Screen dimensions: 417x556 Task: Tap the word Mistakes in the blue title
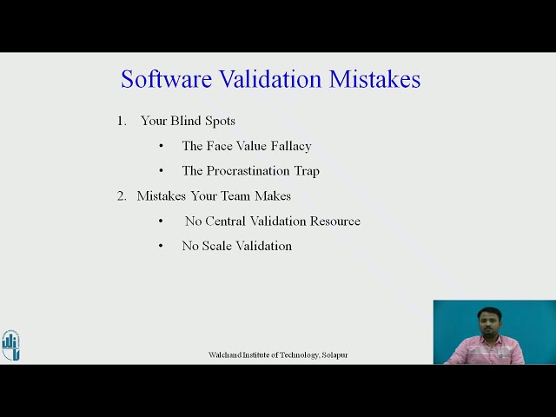point(374,79)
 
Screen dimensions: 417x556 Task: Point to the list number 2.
point(121,195)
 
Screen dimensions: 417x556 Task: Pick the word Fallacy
point(289,146)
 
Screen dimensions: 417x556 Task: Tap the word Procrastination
point(248,171)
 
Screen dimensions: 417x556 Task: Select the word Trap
point(306,171)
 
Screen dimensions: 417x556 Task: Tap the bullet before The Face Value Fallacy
point(161,146)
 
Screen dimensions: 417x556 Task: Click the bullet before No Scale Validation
point(161,246)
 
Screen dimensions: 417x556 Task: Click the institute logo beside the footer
point(10,345)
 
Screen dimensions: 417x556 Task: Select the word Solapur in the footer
point(334,355)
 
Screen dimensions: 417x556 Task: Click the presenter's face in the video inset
point(483,320)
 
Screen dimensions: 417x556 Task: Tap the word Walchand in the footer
point(224,355)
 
